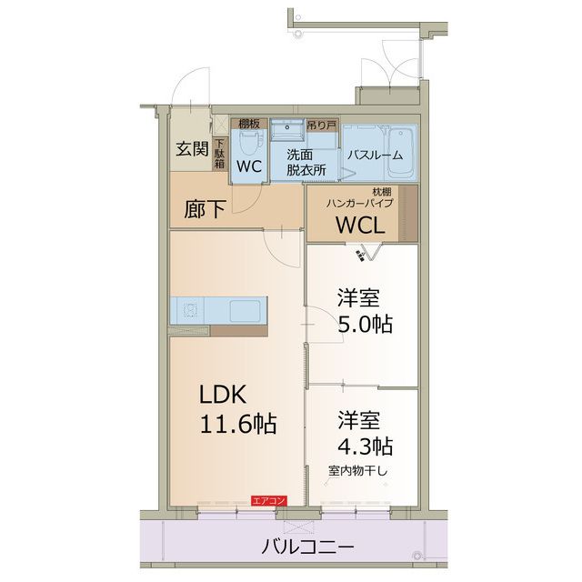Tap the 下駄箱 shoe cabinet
[x=219, y=154]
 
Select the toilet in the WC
[x=249, y=141]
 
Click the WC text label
[x=249, y=167]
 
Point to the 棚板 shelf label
[x=249, y=123]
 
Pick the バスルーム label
[x=376, y=155]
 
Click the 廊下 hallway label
[x=205, y=209]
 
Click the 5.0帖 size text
[x=365, y=324]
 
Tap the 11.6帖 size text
[x=238, y=423]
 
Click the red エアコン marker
[x=269, y=500]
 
